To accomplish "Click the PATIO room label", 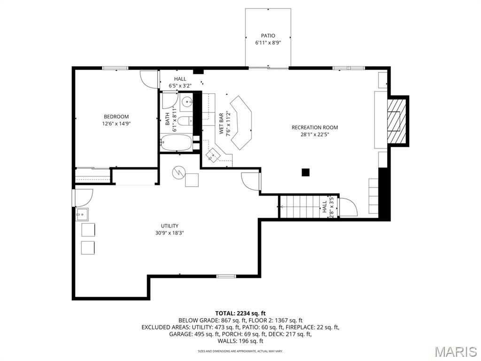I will point(268,35).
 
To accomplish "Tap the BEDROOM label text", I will point(116,117).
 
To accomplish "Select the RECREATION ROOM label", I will point(314,127).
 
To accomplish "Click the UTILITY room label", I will point(169,226).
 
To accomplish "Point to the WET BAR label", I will point(221,124).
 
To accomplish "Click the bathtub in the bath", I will point(176,142).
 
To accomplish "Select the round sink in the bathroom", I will point(187,101).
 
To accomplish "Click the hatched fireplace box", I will point(395,120).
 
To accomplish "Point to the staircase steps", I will point(299,206).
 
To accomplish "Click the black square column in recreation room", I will point(306,173).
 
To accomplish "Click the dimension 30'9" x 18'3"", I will point(169,233).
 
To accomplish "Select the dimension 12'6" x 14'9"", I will point(116,124).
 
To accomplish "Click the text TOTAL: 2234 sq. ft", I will point(240,313).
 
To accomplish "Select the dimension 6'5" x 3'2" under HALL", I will point(180,86).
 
